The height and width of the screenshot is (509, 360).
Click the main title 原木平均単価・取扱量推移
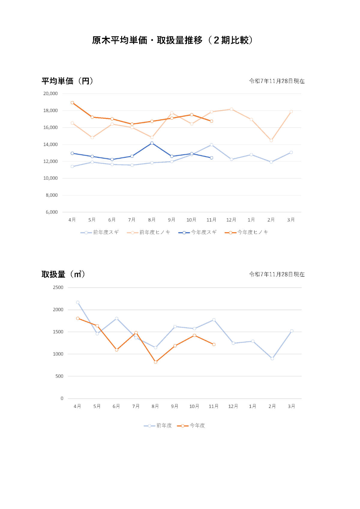click(172, 40)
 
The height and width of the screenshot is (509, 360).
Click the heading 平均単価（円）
click(67, 81)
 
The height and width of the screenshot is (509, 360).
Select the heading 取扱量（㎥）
click(63, 274)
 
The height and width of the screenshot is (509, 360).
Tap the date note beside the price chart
click(277, 81)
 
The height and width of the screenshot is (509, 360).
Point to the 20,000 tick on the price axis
click(50, 94)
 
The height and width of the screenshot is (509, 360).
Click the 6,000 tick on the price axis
click(52, 212)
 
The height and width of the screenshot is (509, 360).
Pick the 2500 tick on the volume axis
click(58, 287)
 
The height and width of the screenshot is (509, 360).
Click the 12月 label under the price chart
click(231, 220)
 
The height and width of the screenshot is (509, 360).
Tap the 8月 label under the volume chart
click(155, 406)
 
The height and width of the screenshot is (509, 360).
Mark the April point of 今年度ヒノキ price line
click(72, 103)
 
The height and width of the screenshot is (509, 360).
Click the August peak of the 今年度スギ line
click(152, 143)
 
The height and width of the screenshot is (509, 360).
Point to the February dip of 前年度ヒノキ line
click(271, 140)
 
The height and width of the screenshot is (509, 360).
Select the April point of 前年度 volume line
click(78, 302)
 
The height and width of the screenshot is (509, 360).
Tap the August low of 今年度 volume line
click(155, 362)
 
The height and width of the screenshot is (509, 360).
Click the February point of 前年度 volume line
click(272, 358)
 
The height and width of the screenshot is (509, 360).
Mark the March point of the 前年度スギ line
click(291, 152)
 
